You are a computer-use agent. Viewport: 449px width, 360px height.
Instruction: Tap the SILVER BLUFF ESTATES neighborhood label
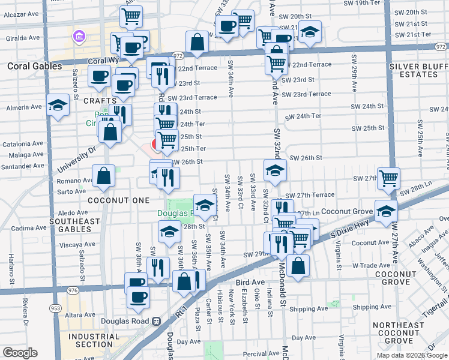[414, 70]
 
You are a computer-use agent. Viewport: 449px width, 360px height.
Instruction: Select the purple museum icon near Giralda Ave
[78, 38]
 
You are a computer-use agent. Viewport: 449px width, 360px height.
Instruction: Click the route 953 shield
[56, 308]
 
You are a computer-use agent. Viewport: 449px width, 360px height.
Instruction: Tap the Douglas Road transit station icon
[157, 322]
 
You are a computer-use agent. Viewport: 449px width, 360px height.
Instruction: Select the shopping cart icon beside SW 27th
[388, 178]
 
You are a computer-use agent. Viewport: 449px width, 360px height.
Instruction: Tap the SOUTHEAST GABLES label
[75, 226]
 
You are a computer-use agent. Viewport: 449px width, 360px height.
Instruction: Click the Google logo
[19, 352]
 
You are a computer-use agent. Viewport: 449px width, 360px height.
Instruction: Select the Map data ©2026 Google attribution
[411, 355]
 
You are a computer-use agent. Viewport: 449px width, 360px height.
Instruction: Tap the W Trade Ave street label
[372, 265]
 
